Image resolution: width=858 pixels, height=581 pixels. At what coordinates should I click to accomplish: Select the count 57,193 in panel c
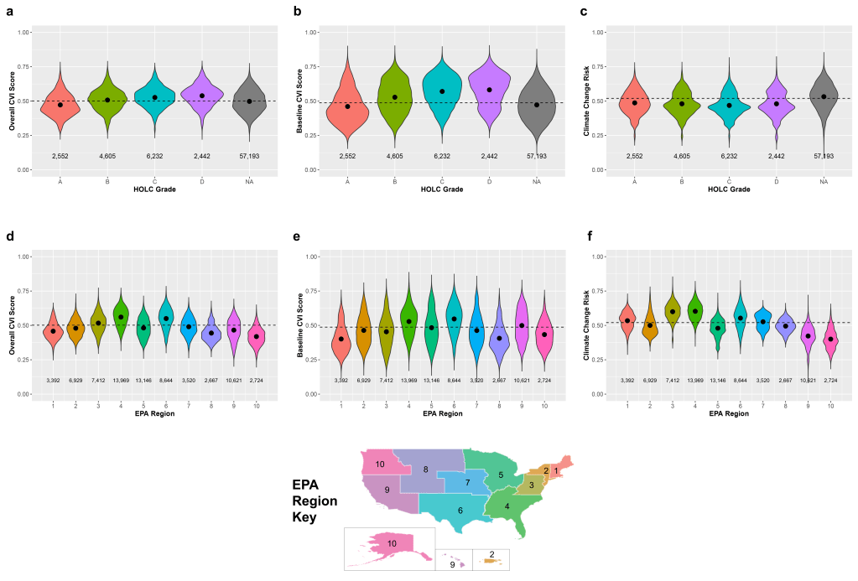point(824,156)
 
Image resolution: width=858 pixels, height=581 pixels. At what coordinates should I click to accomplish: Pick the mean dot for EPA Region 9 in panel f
point(807,336)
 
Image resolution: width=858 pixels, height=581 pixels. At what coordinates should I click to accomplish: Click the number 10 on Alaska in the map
point(392,544)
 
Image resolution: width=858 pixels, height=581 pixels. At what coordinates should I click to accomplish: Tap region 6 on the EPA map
point(460,509)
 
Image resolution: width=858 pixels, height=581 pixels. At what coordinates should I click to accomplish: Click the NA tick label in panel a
point(249,181)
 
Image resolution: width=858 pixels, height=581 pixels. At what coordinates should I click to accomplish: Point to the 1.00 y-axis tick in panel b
point(311,32)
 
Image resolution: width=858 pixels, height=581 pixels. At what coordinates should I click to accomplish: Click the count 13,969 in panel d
point(121,381)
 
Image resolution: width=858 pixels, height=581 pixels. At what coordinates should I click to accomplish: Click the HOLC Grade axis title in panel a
point(154,189)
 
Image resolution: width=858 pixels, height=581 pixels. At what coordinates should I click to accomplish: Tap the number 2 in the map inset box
point(491,554)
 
